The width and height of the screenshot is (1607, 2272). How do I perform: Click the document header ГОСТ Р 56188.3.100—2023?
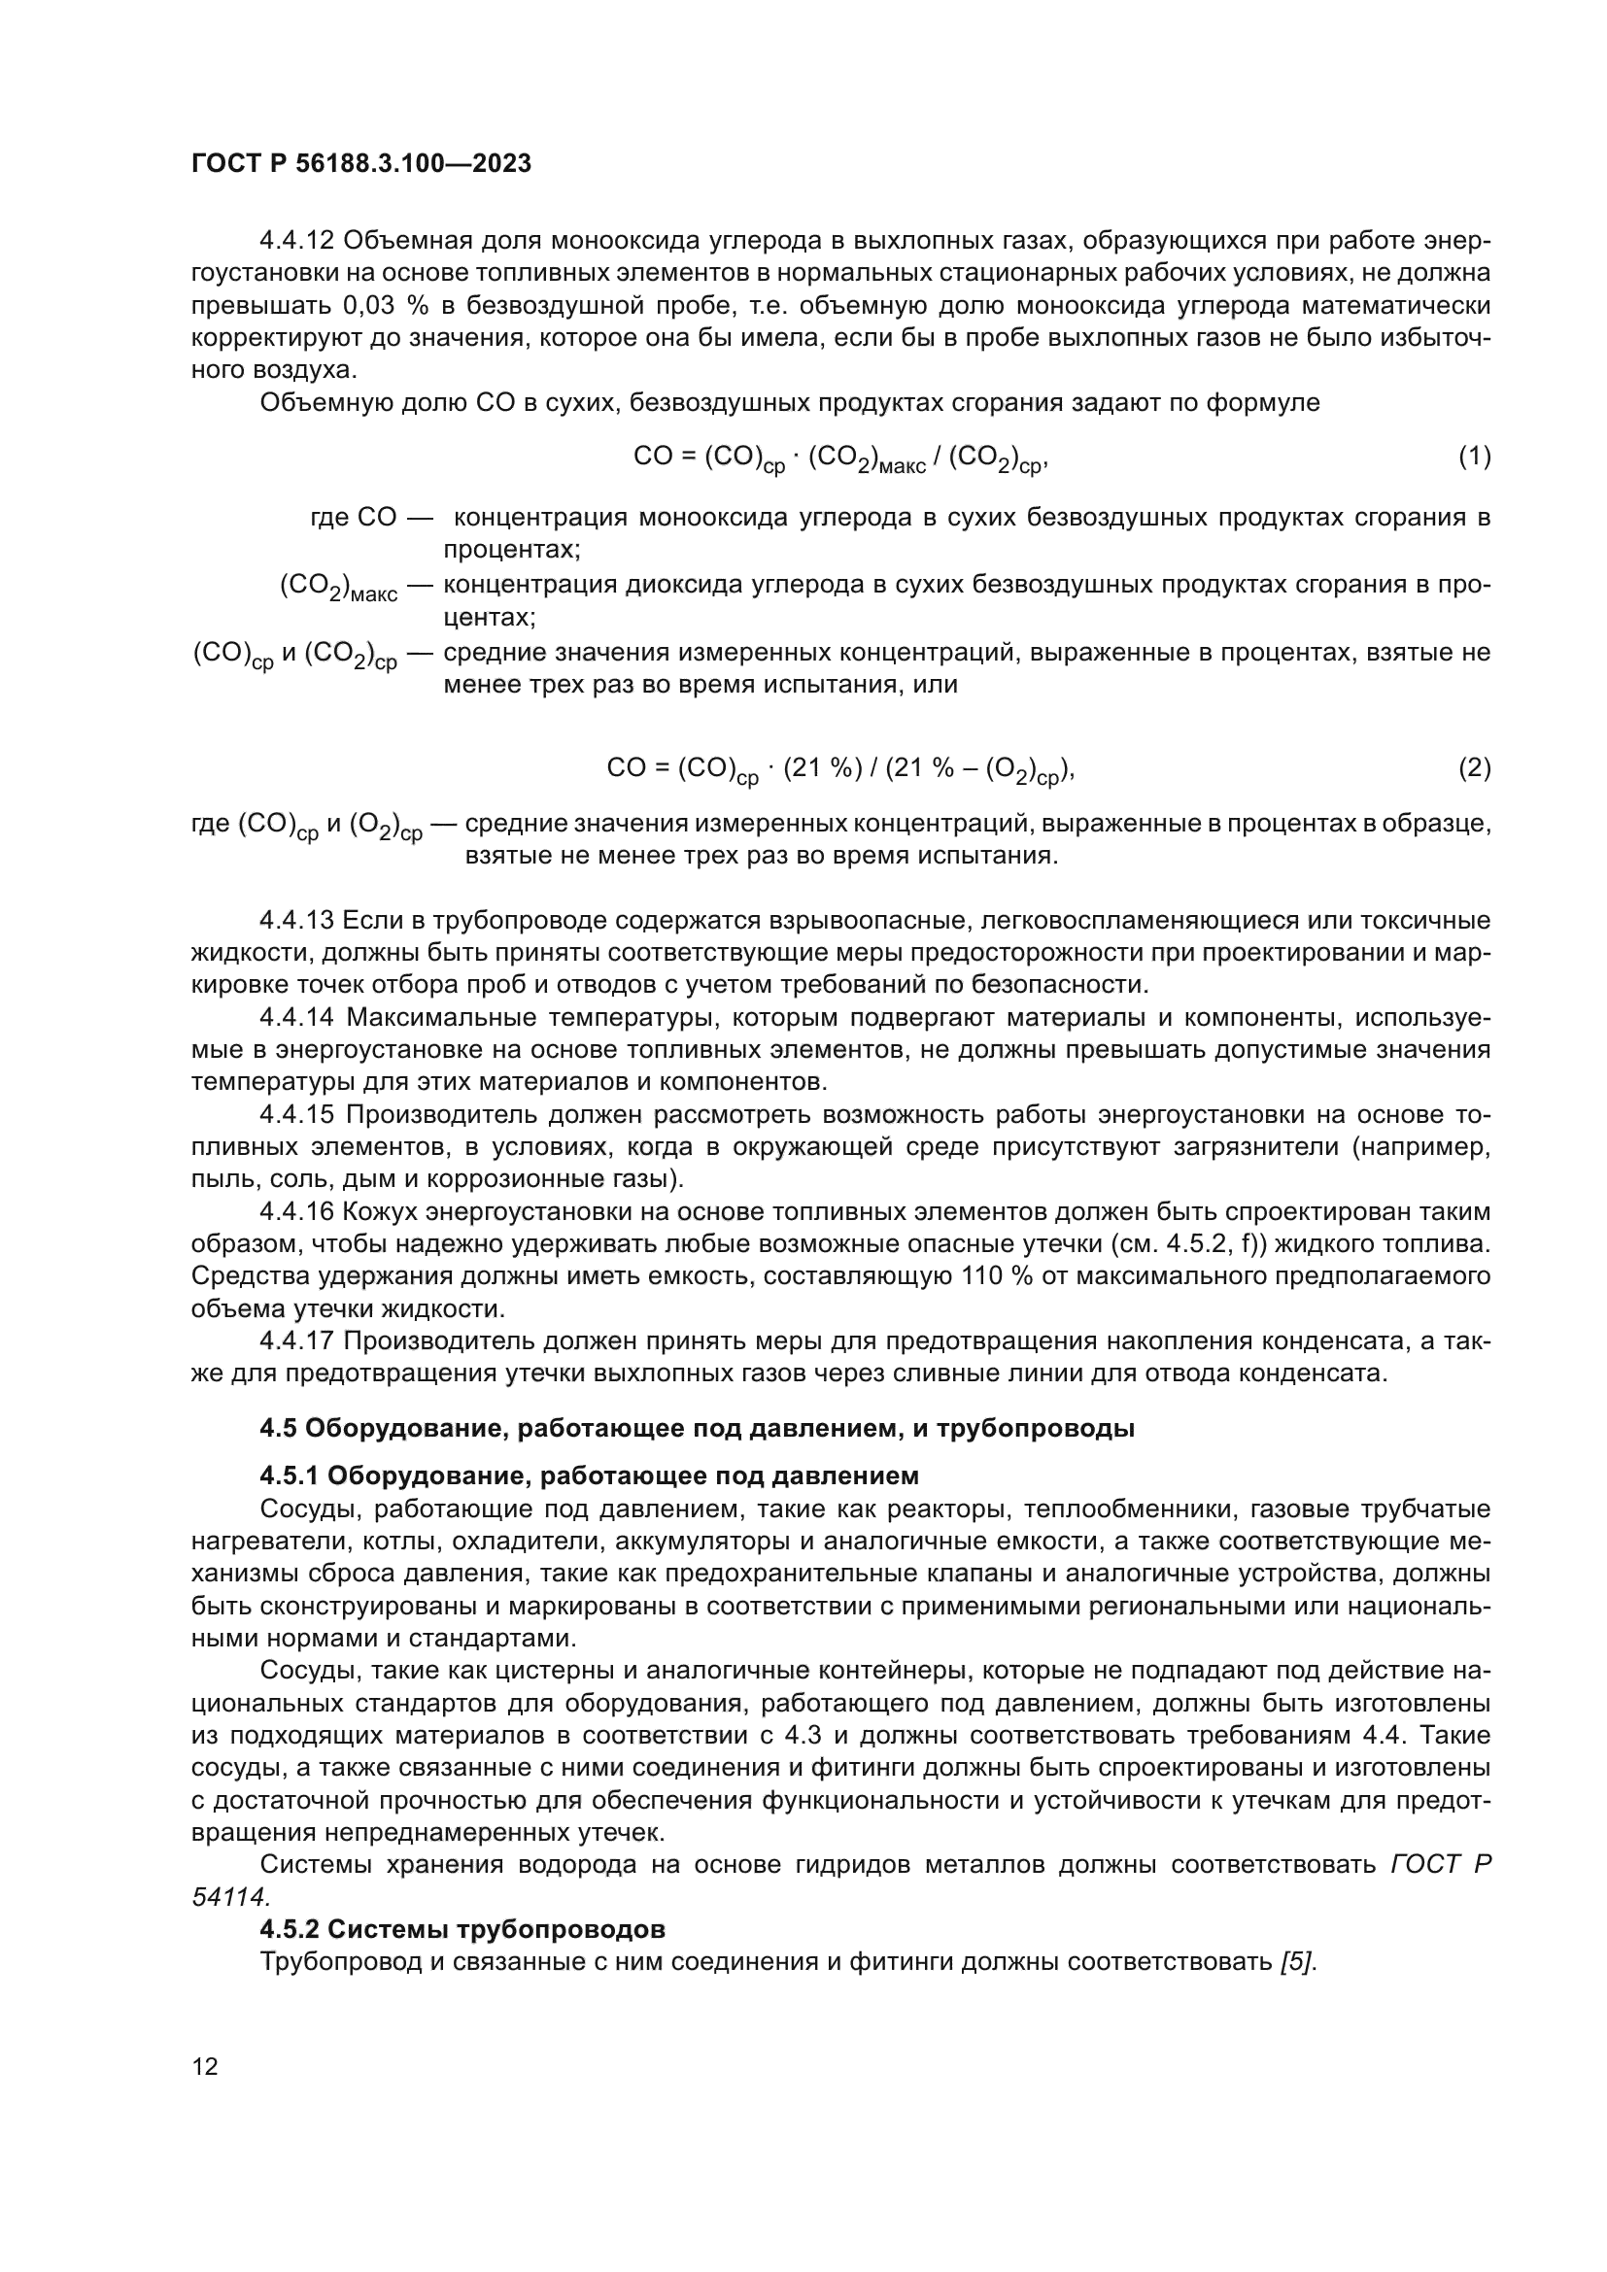pyautogui.click(x=361, y=163)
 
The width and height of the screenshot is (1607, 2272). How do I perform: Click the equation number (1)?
pyautogui.click(x=1475, y=457)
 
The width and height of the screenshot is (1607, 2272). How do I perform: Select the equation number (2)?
pyautogui.click(x=1475, y=768)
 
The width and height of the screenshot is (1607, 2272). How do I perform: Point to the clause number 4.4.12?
pyautogui.click(x=297, y=241)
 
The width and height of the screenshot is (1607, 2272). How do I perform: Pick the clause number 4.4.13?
pyautogui.click(x=297, y=920)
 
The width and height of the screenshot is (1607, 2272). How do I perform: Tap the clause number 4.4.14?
pyautogui.click(x=297, y=1017)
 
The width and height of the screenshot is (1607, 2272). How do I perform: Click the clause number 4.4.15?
pyautogui.click(x=297, y=1114)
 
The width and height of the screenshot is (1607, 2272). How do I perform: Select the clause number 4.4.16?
pyautogui.click(x=297, y=1212)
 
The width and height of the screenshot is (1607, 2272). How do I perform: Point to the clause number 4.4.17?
pyautogui.click(x=297, y=1340)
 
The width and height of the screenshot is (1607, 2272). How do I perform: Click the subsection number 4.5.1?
pyautogui.click(x=289, y=1476)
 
